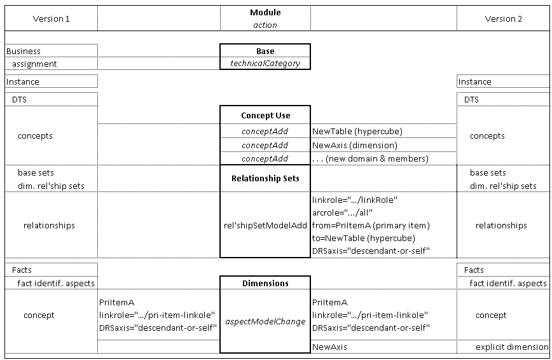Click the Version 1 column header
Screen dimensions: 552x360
[51, 18]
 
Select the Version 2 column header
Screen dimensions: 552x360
[503, 18]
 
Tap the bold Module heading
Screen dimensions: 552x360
[265, 12]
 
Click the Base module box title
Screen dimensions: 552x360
[265, 51]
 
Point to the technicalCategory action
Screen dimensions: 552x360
[265, 64]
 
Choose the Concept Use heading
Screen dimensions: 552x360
[265, 116]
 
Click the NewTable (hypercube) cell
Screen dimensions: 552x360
[357, 132]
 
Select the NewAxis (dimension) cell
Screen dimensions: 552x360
[354, 145]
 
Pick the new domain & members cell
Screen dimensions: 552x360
[370, 158]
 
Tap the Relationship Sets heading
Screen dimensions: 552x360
[265, 178]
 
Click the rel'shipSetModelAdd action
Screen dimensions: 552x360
[265, 225]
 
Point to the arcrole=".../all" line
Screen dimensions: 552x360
[342, 213]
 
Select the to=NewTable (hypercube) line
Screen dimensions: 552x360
[364, 238]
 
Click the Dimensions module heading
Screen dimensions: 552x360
[265, 283]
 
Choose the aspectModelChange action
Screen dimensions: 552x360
[265, 322]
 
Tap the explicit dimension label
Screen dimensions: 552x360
[512, 347]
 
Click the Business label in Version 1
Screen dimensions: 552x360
[24, 51]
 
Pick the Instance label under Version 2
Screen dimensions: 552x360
[474, 81]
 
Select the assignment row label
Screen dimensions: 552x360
[34, 64]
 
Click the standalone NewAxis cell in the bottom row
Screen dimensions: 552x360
[329, 347]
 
